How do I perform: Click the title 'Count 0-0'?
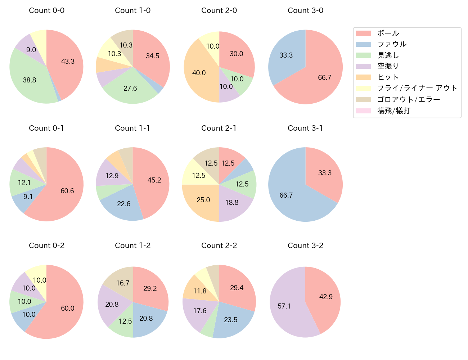pos(46,10)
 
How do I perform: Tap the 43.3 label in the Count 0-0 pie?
pos(68,61)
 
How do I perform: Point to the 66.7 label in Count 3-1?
pos(286,195)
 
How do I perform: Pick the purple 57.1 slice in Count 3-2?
pos(284,306)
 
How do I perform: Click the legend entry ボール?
pos(388,33)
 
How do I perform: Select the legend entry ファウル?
pos(392,44)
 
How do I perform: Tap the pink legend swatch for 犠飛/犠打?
pos(363,111)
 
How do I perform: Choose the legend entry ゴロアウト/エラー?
pos(409,99)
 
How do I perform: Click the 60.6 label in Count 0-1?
pos(67,191)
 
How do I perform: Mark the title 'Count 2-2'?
pos(219,246)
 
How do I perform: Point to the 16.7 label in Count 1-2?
pos(123,283)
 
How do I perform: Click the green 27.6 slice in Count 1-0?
pos(130,88)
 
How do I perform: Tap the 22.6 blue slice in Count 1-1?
pos(124,204)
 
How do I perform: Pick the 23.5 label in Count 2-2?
pos(231,320)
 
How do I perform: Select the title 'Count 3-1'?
pos(305,128)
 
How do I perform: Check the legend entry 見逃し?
pos(388,55)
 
